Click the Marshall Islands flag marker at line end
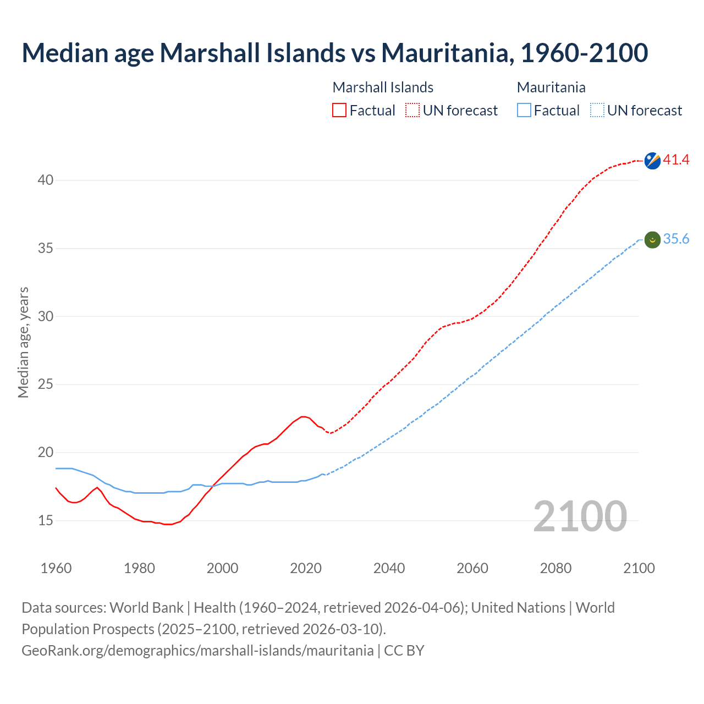tap(652, 161)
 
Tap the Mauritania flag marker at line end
tap(652, 240)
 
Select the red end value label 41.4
tap(676, 160)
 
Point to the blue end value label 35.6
tap(676, 239)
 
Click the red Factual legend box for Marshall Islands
tap(339, 111)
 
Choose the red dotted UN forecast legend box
tap(413, 111)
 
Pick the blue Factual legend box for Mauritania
tap(524, 111)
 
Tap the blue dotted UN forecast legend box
tap(597, 111)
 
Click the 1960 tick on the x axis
tap(56, 568)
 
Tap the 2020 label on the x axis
tap(306, 568)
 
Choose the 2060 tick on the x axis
tap(472, 568)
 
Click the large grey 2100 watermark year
tap(580, 516)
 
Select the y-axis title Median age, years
tap(23, 342)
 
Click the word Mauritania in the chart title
tap(447, 53)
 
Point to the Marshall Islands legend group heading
tap(383, 87)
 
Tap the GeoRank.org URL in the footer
tap(197, 651)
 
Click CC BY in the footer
tap(404, 651)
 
